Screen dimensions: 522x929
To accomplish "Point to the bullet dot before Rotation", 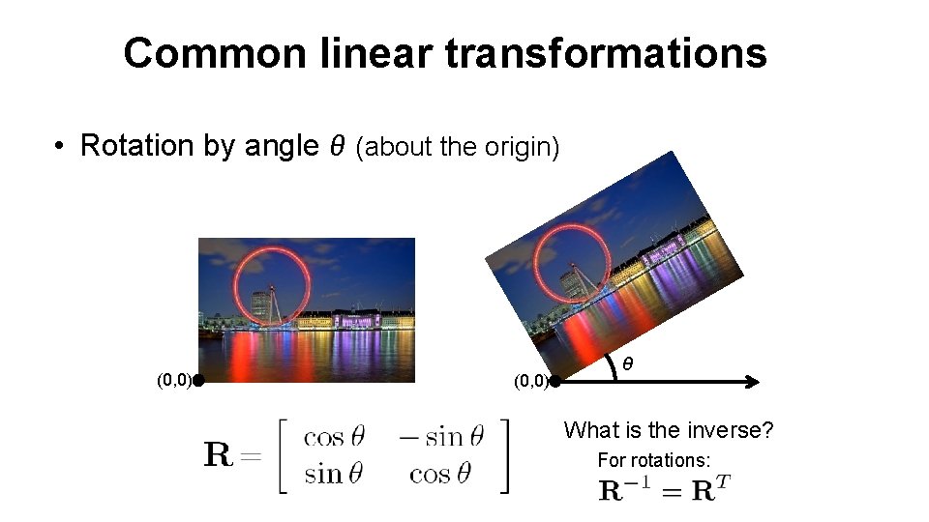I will [60, 147].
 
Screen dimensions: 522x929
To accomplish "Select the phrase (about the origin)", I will [458, 148].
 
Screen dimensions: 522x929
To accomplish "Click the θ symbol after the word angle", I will [338, 146].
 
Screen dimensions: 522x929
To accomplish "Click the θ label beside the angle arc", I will [628, 364].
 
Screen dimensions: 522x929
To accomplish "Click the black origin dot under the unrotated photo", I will [196, 381].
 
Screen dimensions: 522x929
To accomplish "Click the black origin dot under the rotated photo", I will [554, 381].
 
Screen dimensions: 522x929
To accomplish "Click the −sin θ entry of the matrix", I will [440, 437].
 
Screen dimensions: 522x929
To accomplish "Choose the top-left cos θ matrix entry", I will [334, 437].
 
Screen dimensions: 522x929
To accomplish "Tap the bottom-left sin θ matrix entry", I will [334, 474].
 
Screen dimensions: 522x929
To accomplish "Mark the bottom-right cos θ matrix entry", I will [440, 474].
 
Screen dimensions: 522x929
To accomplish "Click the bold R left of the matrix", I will [219, 454].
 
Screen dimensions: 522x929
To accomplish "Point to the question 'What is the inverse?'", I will [669, 429].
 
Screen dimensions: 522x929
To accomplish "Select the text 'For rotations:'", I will [654, 460].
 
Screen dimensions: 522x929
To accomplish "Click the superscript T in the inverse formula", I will [723, 481].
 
